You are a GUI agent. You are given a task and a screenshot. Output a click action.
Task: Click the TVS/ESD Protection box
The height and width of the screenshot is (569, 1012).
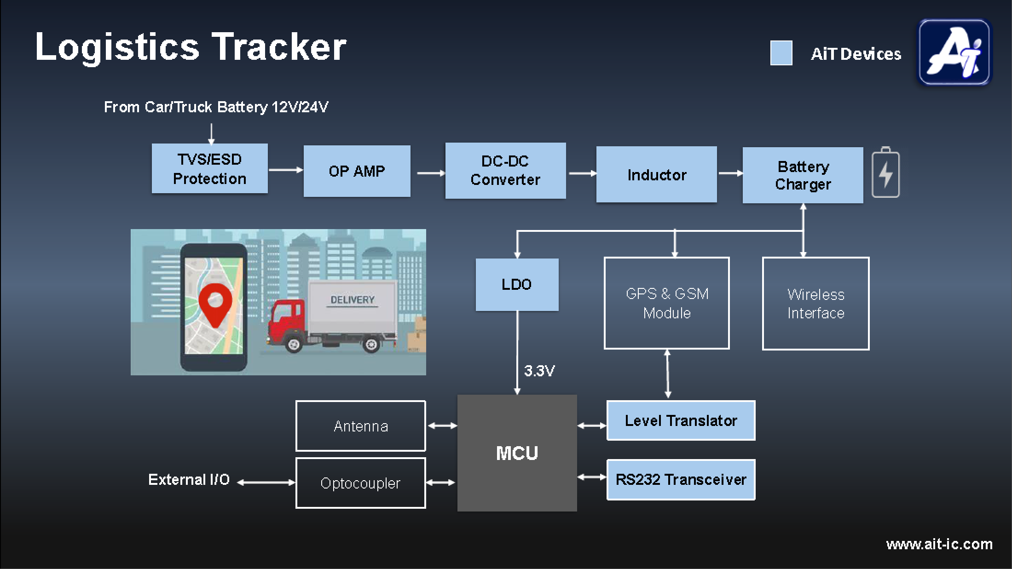209,168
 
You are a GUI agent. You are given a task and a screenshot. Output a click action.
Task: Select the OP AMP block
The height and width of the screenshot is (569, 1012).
357,171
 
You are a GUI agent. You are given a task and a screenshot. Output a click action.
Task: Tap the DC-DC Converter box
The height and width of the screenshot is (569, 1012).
505,171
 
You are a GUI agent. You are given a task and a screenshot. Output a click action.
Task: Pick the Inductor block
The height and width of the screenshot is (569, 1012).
656,174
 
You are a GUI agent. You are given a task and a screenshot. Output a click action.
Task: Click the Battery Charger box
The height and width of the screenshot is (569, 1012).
803,175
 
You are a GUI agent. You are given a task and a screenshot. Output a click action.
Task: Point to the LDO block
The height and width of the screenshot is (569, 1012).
517,285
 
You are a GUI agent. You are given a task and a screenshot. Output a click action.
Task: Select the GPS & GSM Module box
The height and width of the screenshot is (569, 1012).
667,303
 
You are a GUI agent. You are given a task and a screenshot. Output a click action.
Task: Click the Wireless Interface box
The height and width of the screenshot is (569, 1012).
815,304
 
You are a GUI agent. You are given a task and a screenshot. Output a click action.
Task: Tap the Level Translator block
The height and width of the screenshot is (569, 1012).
681,420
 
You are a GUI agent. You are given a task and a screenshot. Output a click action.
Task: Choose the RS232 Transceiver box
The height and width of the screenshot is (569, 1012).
681,479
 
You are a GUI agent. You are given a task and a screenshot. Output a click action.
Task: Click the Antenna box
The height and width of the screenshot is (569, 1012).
360,426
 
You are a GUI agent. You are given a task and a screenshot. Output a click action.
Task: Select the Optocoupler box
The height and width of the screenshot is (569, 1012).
360,483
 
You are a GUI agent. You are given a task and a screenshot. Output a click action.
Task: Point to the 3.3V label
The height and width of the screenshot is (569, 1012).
539,371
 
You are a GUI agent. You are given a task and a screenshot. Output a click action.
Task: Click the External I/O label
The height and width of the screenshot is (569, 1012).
189,480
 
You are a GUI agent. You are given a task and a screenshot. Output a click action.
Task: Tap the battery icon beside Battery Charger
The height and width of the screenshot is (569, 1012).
885,172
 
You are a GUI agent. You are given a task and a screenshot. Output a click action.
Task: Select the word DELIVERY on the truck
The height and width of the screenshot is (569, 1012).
353,300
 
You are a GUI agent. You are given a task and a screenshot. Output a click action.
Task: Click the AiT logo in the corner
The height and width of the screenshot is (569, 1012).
954,52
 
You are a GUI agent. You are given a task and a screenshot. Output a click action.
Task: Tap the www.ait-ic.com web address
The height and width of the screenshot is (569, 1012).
939,544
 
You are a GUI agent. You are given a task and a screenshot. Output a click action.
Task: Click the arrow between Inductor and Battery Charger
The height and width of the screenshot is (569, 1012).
730,173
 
